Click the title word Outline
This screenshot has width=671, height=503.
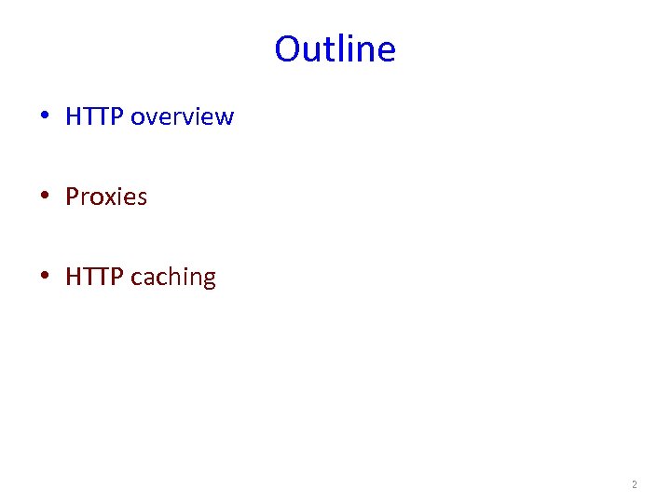point(335,49)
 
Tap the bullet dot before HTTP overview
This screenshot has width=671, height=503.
point(45,117)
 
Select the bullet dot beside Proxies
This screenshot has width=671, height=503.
point(45,197)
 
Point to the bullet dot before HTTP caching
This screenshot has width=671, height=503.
point(45,278)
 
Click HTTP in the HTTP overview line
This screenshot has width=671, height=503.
point(95,117)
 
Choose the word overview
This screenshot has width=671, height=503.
point(182,117)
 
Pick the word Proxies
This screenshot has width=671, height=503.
point(106,197)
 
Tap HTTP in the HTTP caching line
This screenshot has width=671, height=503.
point(95,278)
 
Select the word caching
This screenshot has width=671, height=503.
point(173,278)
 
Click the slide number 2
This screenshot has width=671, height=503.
point(635,484)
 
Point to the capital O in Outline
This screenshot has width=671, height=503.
point(287,49)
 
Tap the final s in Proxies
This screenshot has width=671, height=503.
point(142,198)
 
